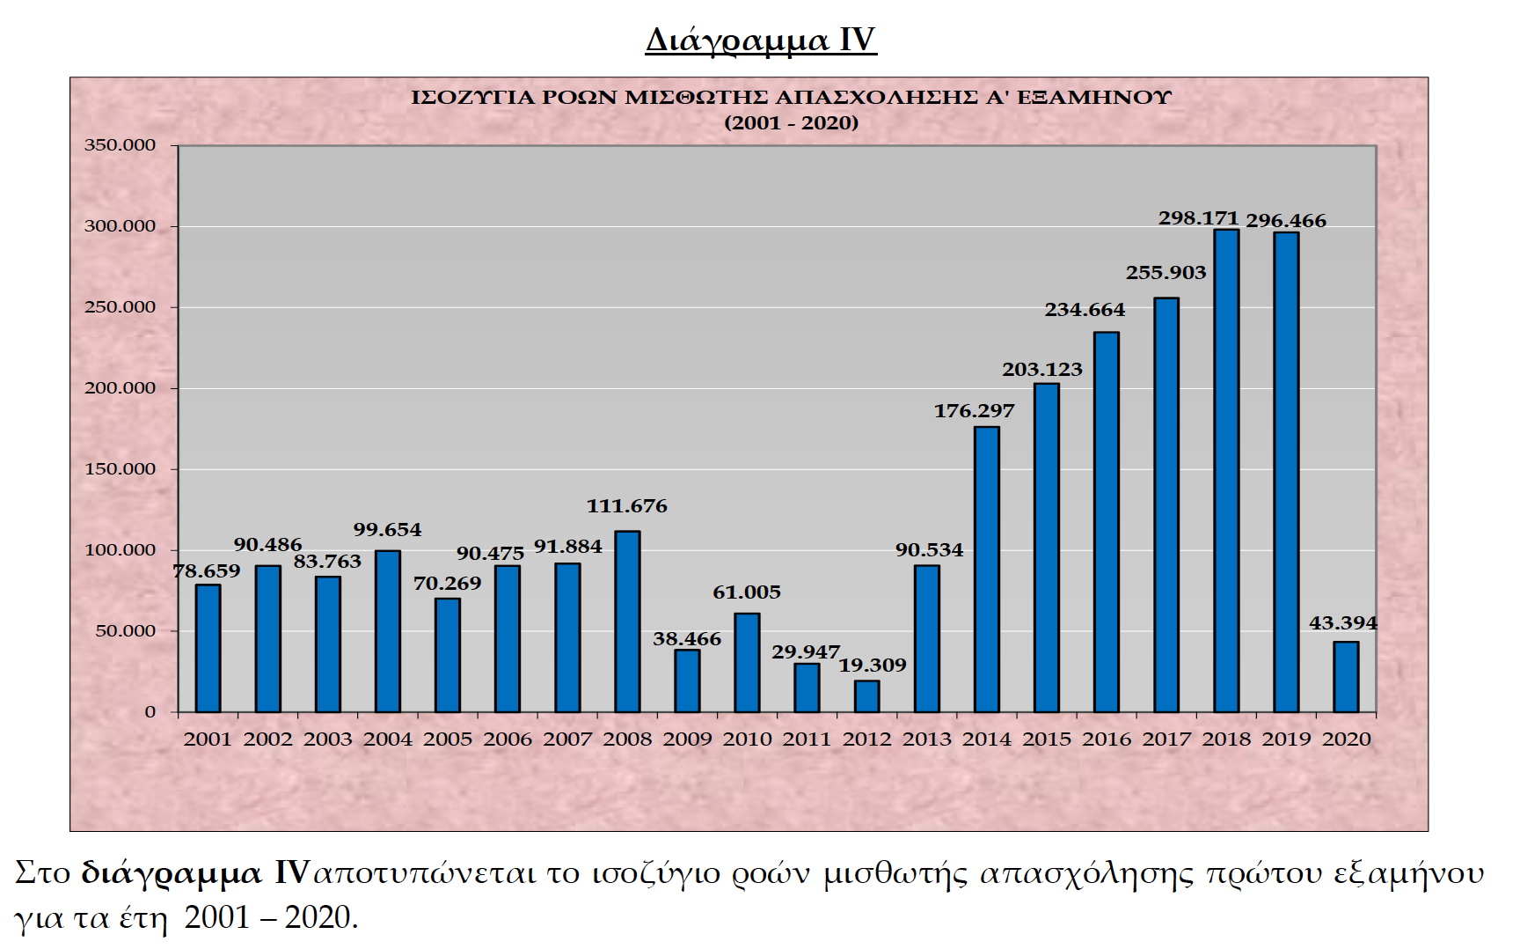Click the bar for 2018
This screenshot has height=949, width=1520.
pos(1226,471)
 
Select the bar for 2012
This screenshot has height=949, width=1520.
pos(866,696)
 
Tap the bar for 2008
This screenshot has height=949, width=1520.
pos(627,622)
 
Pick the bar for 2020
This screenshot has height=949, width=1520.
pos(1346,677)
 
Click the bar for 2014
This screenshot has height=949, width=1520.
pos(987,570)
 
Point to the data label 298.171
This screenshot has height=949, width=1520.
pos(1198,217)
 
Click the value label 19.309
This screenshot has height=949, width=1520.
pos(872,666)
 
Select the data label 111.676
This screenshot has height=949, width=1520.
pos(627,506)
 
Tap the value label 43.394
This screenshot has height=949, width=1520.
pos(1343,623)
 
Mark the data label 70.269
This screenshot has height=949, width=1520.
pos(448,584)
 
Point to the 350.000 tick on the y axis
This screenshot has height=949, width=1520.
pos(120,145)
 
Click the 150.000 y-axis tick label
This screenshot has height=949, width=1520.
pos(120,469)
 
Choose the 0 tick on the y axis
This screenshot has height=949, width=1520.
pos(150,712)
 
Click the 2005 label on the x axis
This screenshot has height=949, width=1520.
pos(448,739)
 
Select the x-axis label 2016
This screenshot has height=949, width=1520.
pos(1107,739)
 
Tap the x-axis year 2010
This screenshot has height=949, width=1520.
pos(747,739)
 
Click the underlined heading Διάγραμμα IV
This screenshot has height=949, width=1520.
pos(761,40)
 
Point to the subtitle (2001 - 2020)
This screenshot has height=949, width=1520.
pos(791,123)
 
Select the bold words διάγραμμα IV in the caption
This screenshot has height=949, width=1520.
pos(194,873)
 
